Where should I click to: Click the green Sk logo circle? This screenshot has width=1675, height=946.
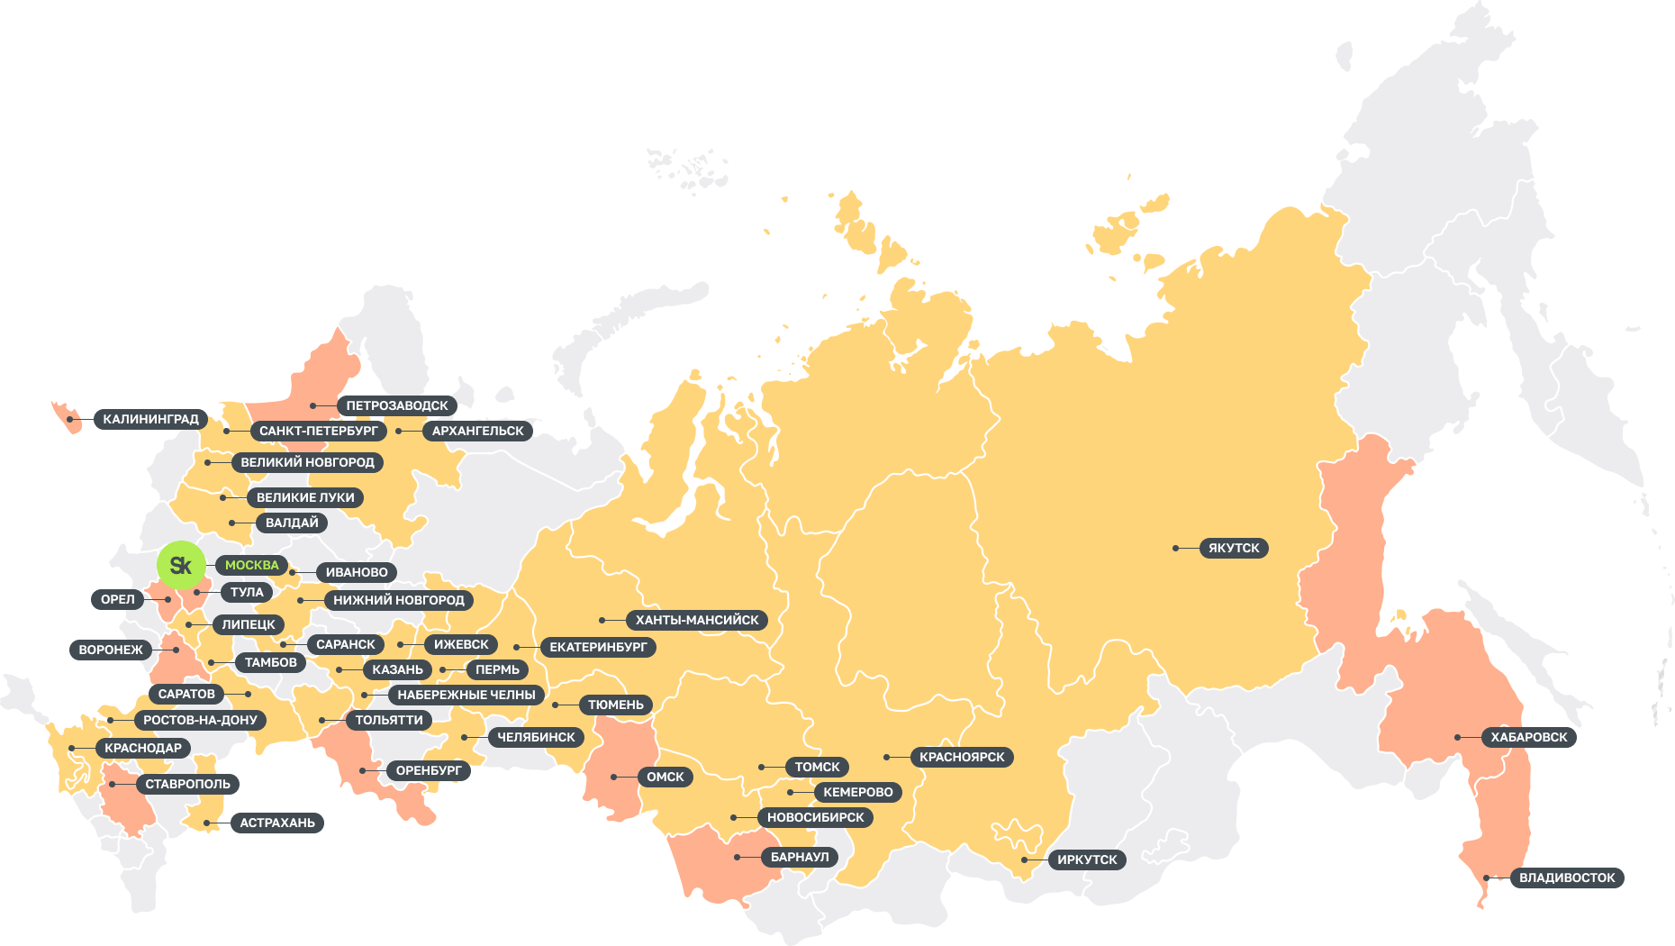tap(181, 565)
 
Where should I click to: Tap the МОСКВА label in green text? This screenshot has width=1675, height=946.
tap(252, 565)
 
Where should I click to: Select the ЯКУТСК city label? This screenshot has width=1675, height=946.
tap(1234, 548)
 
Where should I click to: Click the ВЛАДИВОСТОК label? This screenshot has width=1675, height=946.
tap(1567, 878)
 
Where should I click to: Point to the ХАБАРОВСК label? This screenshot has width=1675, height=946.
tap(1528, 737)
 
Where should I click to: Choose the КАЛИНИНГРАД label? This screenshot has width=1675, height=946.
tap(150, 419)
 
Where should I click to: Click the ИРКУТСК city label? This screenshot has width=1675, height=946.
tap(1087, 860)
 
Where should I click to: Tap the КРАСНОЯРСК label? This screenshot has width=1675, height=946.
tap(962, 757)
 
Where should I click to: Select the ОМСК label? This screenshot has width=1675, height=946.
tap(665, 777)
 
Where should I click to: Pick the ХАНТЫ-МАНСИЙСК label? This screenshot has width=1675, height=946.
tap(697, 620)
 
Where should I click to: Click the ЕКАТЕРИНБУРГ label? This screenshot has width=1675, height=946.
tap(598, 647)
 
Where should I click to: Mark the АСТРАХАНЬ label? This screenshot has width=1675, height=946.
tap(277, 823)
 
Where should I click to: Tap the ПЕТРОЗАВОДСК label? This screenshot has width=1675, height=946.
tap(396, 405)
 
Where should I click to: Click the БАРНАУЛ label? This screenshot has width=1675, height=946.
tap(800, 857)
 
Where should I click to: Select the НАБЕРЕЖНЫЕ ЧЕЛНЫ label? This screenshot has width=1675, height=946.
tap(466, 695)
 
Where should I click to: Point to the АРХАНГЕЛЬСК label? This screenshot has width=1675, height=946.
tap(477, 431)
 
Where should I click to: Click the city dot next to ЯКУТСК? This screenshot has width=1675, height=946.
tap(1176, 548)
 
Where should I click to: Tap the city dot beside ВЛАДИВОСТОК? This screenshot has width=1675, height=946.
tap(1487, 878)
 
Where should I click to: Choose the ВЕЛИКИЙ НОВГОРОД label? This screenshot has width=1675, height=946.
tap(307, 462)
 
